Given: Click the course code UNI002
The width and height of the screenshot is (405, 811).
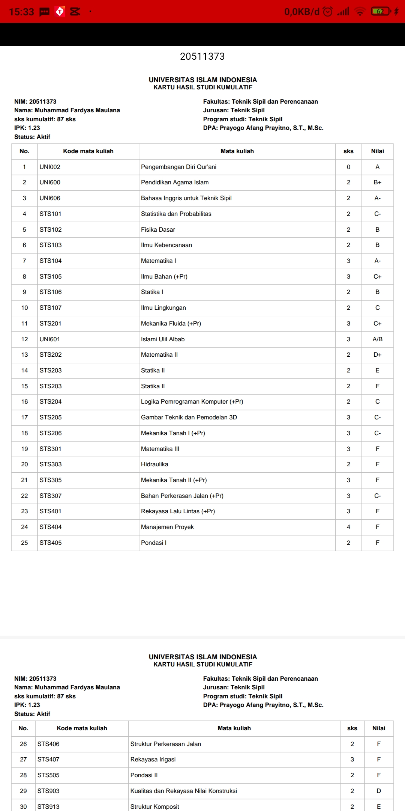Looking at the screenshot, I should click(x=50, y=167).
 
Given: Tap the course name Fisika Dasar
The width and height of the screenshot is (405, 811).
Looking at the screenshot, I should click(x=158, y=229).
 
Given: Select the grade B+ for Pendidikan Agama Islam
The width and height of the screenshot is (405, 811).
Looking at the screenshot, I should click(x=377, y=182).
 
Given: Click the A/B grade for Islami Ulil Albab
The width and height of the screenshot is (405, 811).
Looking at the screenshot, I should click(x=377, y=339).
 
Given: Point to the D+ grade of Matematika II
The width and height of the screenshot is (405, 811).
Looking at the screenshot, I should click(x=377, y=355).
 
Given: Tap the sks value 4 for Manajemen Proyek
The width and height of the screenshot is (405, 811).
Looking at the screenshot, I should click(x=348, y=527).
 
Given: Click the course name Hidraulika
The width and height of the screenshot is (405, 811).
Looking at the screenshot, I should click(x=154, y=464).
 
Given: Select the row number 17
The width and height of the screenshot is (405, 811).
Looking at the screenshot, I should click(x=24, y=417).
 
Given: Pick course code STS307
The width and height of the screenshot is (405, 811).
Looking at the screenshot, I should click(x=51, y=496).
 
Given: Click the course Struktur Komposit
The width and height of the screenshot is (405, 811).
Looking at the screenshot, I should click(x=154, y=806).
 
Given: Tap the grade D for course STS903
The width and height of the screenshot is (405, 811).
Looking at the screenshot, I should click(x=379, y=791).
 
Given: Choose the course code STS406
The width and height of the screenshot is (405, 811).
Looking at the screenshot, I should click(x=48, y=744).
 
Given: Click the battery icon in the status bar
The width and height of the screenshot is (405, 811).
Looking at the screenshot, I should click(x=380, y=12).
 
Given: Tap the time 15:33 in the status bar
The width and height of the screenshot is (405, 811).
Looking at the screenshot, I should click(x=21, y=12).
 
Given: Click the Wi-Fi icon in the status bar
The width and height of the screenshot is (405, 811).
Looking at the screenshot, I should click(x=360, y=12).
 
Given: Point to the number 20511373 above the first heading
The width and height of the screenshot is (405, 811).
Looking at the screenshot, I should click(x=202, y=56).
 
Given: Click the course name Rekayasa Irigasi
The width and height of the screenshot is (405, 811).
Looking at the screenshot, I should click(x=153, y=759).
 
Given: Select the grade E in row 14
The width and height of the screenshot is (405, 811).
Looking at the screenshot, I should click(x=377, y=370).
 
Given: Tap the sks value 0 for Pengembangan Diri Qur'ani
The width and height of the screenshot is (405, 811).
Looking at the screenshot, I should click(x=348, y=167).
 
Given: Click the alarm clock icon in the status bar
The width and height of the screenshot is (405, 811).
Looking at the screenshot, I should click(x=328, y=12).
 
